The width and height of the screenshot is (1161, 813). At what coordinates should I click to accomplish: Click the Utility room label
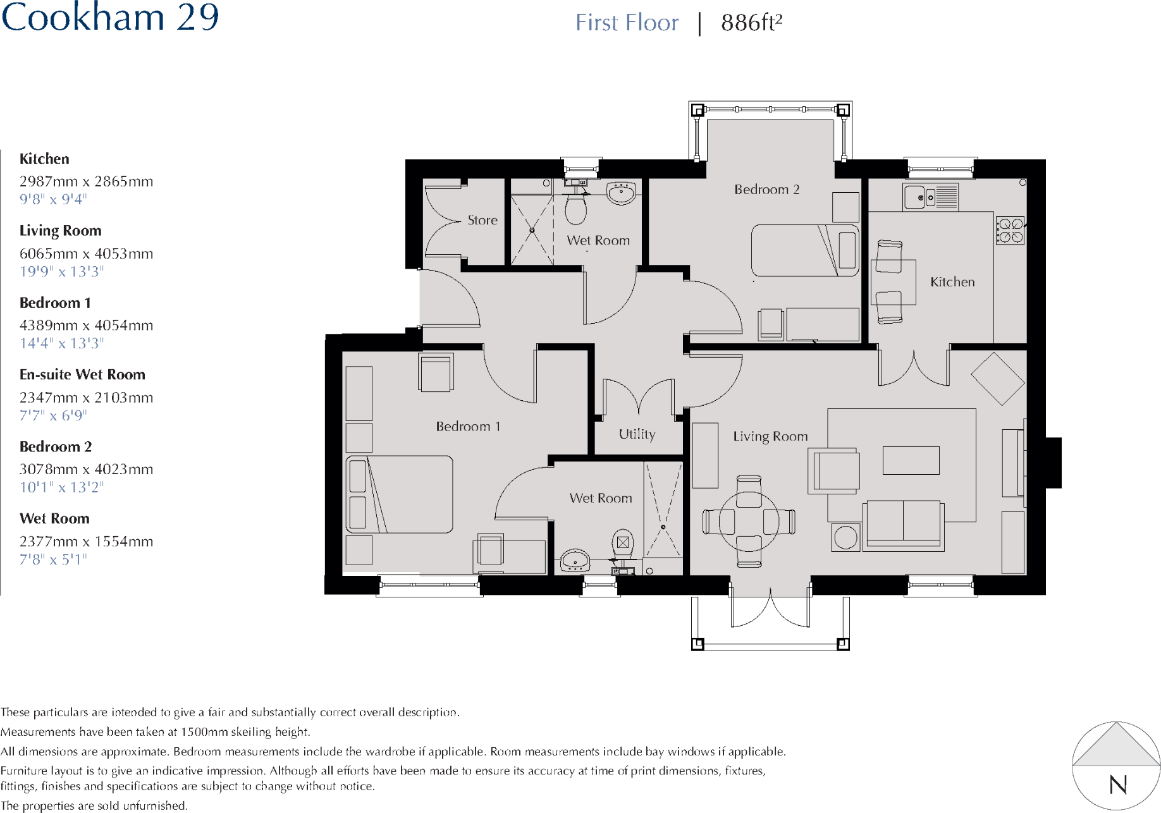[637, 434]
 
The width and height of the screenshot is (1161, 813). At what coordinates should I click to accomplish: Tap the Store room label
[482, 220]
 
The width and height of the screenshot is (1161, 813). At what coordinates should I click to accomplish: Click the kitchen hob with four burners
[1010, 230]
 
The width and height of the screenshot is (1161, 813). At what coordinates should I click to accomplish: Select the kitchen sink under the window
[930, 197]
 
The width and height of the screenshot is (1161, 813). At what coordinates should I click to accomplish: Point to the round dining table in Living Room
[749, 522]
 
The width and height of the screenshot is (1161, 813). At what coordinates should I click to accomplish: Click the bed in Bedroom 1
[400, 494]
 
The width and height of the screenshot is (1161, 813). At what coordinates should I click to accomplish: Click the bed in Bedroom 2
[804, 250]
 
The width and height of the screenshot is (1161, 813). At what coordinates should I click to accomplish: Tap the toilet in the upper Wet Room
[575, 207]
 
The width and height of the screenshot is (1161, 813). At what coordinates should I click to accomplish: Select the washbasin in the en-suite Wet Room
[575, 559]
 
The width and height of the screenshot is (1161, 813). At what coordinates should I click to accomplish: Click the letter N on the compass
[1117, 785]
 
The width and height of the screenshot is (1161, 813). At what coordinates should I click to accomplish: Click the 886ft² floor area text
[751, 23]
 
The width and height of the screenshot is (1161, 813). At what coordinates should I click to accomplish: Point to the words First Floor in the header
[626, 23]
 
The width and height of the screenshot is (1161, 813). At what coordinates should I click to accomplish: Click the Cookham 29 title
[110, 17]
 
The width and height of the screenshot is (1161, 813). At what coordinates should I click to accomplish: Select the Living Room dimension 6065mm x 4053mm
[86, 254]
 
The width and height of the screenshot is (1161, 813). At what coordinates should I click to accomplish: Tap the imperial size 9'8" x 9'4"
[52, 199]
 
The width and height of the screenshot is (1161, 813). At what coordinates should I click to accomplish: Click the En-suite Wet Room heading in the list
[82, 374]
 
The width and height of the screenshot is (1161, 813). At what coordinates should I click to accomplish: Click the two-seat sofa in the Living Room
[903, 525]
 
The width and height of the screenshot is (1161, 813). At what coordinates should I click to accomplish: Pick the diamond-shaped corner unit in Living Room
[997, 379]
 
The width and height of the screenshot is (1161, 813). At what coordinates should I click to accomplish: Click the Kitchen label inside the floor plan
[952, 282]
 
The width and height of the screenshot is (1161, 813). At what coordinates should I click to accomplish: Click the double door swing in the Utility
[639, 398]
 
